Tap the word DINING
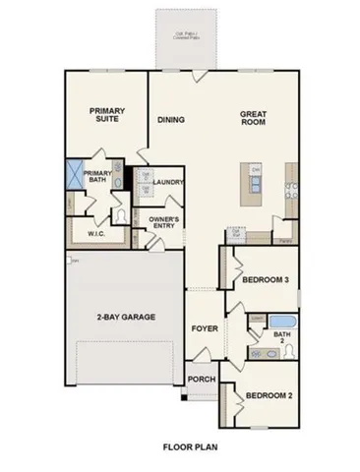point(172,120)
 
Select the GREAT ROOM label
point(254,117)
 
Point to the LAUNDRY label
point(170,182)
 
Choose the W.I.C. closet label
point(96,234)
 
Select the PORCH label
point(202,380)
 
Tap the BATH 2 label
point(282,338)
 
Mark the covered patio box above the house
point(181,38)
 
